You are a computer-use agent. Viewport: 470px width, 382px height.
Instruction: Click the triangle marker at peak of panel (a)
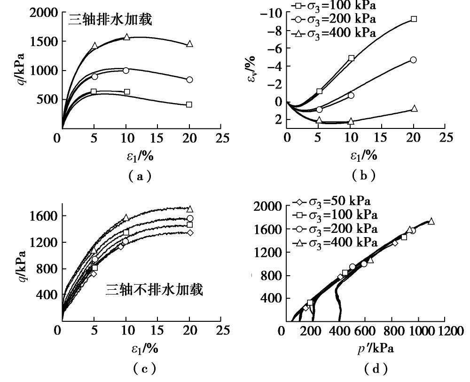(x=126, y=37)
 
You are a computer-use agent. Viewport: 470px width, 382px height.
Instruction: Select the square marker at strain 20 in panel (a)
(x=189, y=104)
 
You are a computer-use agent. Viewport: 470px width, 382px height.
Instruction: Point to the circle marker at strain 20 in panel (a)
(x=189, y=80)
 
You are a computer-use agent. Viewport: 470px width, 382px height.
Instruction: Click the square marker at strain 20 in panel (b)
(x=414, y=19)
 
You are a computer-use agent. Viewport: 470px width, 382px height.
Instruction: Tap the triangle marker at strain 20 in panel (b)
(x=414, y=109)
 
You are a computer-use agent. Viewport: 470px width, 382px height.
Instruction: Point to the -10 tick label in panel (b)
(x=274, y=13)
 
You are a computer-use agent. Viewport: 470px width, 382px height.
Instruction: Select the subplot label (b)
(x=363, y=176)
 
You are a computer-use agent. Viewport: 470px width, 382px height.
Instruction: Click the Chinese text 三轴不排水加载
(x=154, y=290)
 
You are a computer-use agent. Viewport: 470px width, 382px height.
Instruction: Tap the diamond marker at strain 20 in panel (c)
(x=190, y=232)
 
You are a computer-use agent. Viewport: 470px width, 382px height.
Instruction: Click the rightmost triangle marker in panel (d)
(x=431, y=221)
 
